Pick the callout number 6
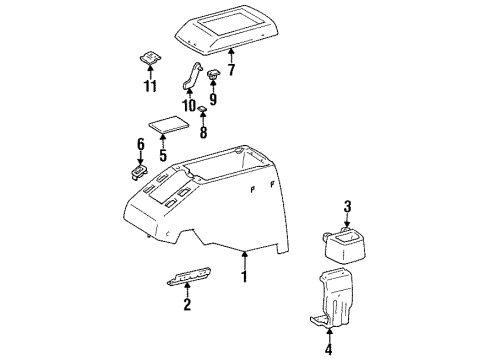(141, 146)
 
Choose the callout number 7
(231, 71)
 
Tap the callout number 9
(211, 99)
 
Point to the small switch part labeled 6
(138, 171)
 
